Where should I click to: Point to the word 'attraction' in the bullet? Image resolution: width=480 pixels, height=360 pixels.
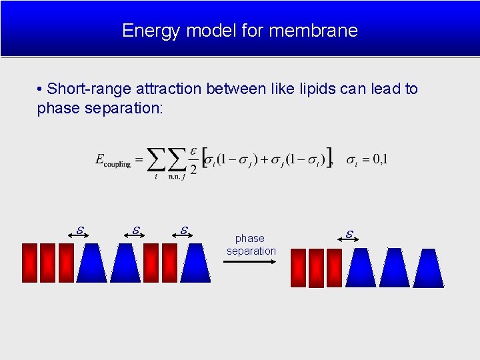coord(168,89)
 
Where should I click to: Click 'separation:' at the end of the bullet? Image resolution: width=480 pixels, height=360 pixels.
coord(124,108)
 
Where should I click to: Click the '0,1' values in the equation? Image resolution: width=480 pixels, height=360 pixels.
coord(380,159)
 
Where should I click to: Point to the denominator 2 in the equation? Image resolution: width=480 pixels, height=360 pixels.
coord(193,169)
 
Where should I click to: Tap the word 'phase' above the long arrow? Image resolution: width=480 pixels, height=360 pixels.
coord(250,239)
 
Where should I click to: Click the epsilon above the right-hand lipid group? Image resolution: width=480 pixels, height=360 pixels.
coord(349,234)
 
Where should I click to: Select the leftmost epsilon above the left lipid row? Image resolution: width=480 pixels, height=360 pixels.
coord(79,230)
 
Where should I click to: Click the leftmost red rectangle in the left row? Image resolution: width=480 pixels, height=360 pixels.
coord(29,263)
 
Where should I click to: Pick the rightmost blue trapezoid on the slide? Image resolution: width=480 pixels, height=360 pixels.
coord(428,268)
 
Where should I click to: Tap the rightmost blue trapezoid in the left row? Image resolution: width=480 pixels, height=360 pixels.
coord(195,263)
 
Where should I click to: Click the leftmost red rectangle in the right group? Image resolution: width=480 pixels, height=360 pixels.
coord(298,268)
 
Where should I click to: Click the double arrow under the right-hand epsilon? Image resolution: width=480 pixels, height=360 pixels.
coord(349,243)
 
